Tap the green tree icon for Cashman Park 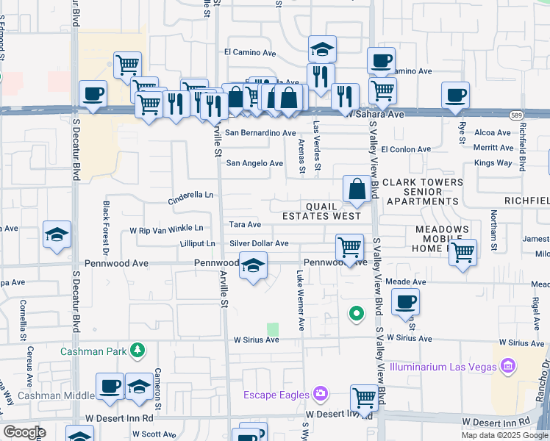(x=137, y=351)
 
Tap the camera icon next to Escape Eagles (x=320, y=394)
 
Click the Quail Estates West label (x=322, y=211)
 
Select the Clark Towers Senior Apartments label (x=422, y=191)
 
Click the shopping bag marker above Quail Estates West (x=357, y=189)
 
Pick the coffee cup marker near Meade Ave (x=405, y=301)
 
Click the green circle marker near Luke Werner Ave (x=357, y=315)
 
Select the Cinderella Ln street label (x=190, y=196)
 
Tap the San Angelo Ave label (x=254, y=164)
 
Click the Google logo (x=24, y=432)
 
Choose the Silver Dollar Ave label (x=259, y=243)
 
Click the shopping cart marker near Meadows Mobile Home (x=463, y=252)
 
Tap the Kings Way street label (x=493, y=162)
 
